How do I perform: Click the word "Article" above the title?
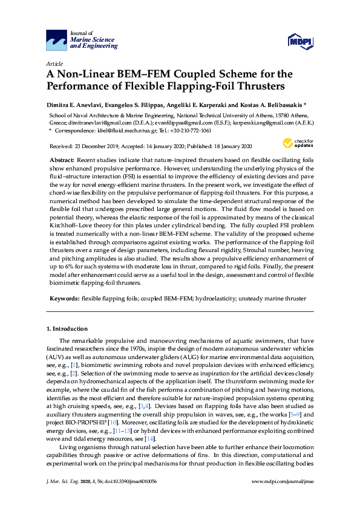coord(54,63)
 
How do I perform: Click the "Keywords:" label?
coord(64,298)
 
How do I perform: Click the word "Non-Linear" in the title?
coord(85,74)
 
